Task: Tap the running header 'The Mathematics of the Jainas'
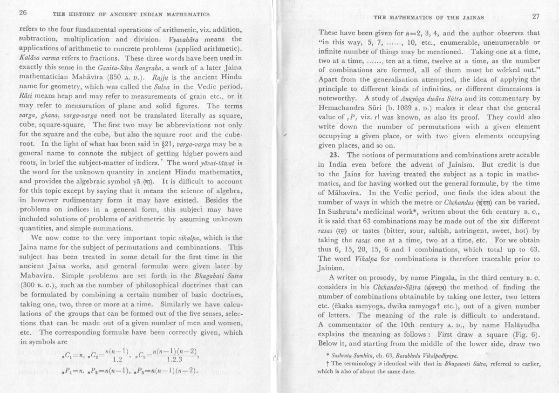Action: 429,18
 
